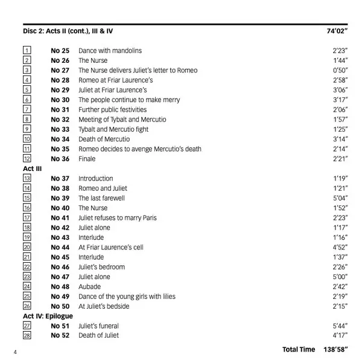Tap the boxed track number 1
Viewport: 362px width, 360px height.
point(27,51)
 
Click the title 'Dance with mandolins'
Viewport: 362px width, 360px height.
point(110,51)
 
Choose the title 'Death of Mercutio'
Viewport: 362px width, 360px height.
point(104,139)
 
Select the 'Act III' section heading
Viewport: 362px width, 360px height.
point(32,169)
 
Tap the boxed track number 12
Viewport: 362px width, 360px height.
point(27,159)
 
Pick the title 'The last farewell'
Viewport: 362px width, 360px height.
point(101,198)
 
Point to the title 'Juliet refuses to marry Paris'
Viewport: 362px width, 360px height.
point(117,217)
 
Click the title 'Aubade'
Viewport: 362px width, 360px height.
point(89,286)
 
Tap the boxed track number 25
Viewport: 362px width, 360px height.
point(27,297)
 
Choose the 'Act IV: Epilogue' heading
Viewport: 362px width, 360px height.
point(48,316)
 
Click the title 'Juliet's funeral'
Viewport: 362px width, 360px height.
point(98,326)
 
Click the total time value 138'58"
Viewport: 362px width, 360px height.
point(337,350)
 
